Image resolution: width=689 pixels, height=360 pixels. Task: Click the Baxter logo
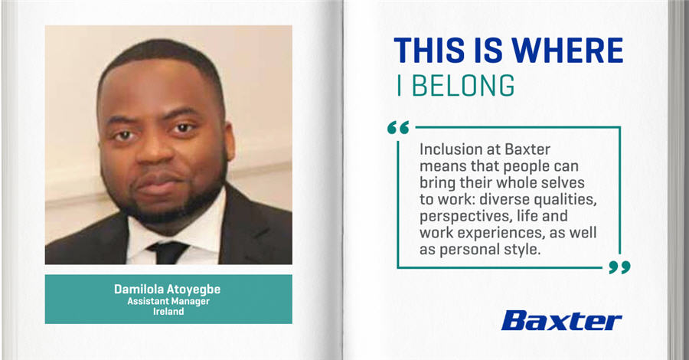(x=562, y=320)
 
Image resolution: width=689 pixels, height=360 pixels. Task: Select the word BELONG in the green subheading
(x=463, y=85)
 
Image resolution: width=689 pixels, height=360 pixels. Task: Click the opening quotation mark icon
(x=398, y=127)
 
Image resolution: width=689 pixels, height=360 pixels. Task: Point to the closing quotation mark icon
(x=619, y=267)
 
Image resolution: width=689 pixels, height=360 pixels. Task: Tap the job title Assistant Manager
(x=168, y=302)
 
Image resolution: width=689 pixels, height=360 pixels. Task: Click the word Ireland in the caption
(x=168, y=312)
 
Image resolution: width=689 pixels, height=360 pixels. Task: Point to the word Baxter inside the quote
(x=527, y=149)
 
